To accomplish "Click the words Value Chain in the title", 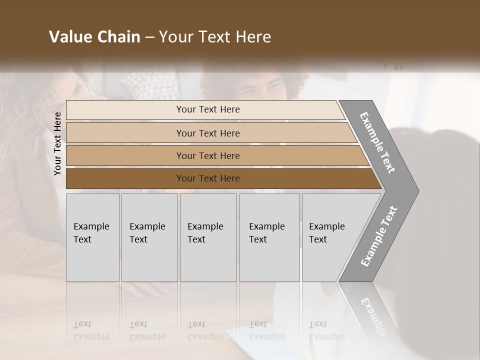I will (94, 37).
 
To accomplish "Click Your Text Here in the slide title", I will (215, 37).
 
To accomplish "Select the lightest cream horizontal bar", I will (125, 110).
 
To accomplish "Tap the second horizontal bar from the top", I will (125, 133).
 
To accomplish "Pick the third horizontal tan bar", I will (125, 155).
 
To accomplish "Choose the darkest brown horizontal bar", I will (125, 178).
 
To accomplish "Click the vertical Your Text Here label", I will (57, 143).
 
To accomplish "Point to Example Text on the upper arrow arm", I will (377, 142).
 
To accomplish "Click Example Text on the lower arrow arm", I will (379, 236).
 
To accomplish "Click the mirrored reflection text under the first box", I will (91, 331).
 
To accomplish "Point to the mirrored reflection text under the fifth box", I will (327, 331).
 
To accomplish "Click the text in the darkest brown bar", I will (208, 178).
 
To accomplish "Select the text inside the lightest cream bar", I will (208, 109).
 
